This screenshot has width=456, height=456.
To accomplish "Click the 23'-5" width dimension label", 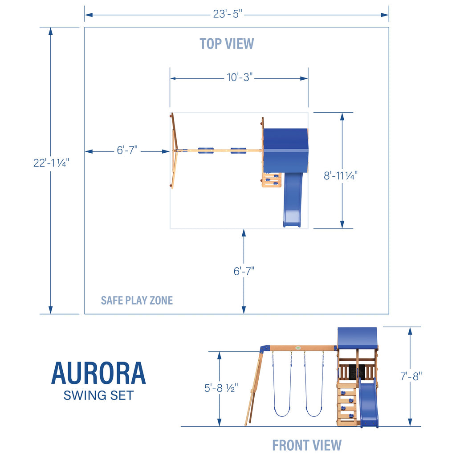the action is [228, 14].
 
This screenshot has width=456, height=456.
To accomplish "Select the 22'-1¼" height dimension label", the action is [51, 163].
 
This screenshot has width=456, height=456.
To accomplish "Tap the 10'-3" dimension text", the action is [239, 77].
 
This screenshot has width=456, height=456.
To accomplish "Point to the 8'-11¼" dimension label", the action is [341, 175].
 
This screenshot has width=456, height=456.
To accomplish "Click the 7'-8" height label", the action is [411, 376].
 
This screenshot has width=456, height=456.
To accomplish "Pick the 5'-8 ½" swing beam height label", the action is [221, 388].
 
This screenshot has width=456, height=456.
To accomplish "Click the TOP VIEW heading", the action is [227, 44].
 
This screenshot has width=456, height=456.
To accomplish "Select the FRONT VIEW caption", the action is [307, 445].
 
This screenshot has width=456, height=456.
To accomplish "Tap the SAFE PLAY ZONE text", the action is [137, 301].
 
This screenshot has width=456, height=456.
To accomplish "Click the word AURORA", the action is [98, 374].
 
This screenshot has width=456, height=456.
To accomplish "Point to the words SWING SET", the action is [98, 395].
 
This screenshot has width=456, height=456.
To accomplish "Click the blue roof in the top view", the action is [285, 151].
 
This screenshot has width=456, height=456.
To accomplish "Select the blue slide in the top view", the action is [293, 200].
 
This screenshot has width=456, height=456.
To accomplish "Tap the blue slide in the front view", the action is [369, 402].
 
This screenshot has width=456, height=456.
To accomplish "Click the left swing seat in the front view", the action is [282, 412].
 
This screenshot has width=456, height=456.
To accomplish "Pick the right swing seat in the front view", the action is [314, 412].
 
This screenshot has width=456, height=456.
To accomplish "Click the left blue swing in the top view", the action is [206, 151].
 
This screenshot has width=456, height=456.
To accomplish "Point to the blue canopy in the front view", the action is [357, 338].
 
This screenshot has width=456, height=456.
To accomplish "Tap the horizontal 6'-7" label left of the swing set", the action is [127, 151].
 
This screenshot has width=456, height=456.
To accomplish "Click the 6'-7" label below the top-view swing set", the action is [244, 271].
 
